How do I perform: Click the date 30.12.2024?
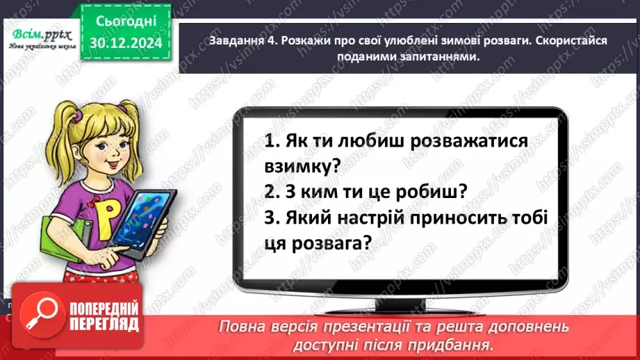tap(126, 42)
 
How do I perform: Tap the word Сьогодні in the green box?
tap(126, 22)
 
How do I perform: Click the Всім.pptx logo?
tap(40, 33)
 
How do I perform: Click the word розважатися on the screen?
tap(468, 140)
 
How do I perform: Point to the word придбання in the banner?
tap(459, 344)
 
